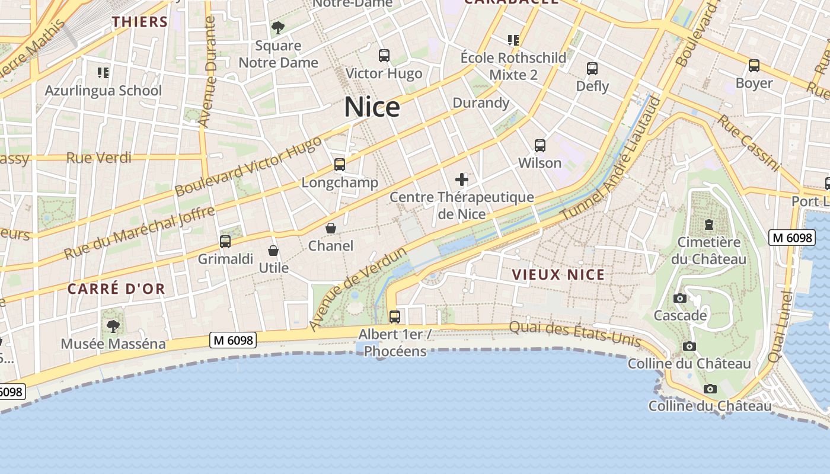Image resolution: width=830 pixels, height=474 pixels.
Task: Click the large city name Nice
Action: pyautogui.click(x=372, y=107)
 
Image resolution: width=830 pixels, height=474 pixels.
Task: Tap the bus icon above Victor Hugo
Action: pyautogui.click(x=384, y=56)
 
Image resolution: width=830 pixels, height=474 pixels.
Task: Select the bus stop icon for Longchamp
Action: pyautogui.click(x=340, y=165)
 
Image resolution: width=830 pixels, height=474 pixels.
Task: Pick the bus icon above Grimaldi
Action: pyautogui.click(x=225, y=241)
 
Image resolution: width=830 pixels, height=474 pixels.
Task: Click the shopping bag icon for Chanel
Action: pyautogui.click(x=331, y=228)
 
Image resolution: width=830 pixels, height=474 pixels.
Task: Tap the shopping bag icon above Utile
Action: pyautogui.click(x=273, y=251)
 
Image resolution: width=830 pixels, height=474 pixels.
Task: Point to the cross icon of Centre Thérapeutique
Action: pyautogui.click(x=462, y=180)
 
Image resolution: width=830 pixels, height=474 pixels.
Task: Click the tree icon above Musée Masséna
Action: pyautogui.click(x=113, y=326)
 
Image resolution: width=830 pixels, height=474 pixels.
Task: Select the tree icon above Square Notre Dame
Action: pyautogui.click(x=277, y=27)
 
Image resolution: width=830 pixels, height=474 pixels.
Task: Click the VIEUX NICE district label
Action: pyautogui.click(x=558, y=274)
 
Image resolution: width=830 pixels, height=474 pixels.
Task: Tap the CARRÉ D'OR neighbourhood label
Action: pyautogui.click(x=116, y=289)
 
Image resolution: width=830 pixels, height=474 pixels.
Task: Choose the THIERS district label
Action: pyautogui.click(x=140, y=22)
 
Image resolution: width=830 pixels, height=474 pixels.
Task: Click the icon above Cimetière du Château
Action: pyautogui.click(x=708, y=225)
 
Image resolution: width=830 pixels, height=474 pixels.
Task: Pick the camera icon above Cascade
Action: pyautogui.click(x=680, y=298)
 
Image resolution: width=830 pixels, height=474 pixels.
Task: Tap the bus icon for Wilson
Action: pyautogui.click(x=539, y=145)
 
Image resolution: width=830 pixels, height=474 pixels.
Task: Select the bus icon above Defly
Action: pyautogui.click(x=592, y=69)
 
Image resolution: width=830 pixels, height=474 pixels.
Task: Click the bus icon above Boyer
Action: pyautogui.click(x=754, y=66)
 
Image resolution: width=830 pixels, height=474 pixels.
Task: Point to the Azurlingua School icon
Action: pyautogui.click(x=104, y=73)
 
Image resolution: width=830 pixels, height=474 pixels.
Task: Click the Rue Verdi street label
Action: pyautogui.click(x=98, y=158)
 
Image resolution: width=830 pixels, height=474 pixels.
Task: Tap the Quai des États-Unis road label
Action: pyautogui.click(x=575, y=333)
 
